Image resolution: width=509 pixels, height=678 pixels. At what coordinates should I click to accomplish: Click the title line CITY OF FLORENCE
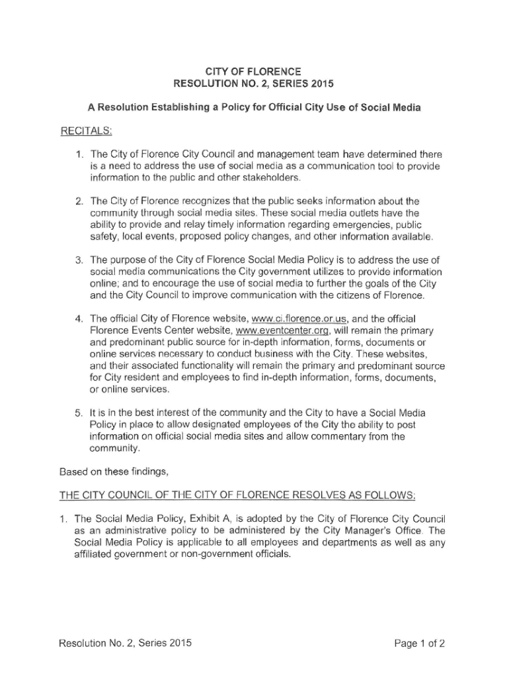pyautogui.click(x=255, y=71)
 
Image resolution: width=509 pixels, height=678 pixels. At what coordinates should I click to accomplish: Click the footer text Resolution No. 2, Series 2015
pyautogui.click(x=120, y=643)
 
